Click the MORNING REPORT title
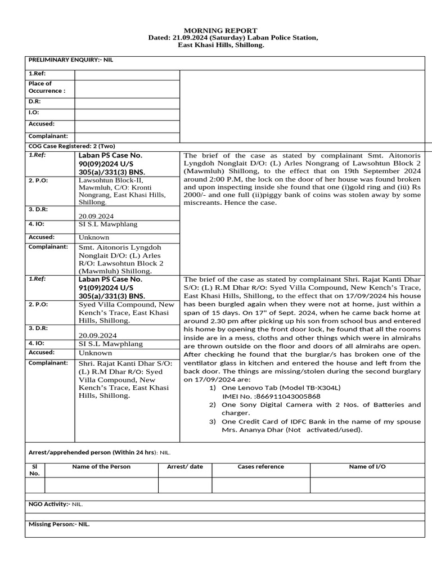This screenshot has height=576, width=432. pyautogui.click(x=221, y=30)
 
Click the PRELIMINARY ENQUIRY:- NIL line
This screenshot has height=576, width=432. pyautogui.click(x=71, y=60)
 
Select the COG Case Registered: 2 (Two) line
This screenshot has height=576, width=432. pyautogui.click(x=71, y=146)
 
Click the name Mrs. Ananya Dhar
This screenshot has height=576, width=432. pyautogui.click(x=247, y=430)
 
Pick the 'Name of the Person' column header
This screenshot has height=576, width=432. pyautogui.click(x=101, y=466)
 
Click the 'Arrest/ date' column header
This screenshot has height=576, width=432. pyautogui.click(x=185, y=466)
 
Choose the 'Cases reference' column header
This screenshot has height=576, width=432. pyautogui.click(x=260, y=466)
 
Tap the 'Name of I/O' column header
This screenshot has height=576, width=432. pyautogui.click(x=367, y=466)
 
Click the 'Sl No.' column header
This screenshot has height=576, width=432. pyautogui.click(x=35, y=470)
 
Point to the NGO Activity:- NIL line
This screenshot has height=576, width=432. pyautogui.click(x=56, y=504)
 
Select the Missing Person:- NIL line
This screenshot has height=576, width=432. pyautogui.click(x=59, y=524)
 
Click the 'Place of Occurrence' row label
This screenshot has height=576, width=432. pyautogui.click(x=47, y=87)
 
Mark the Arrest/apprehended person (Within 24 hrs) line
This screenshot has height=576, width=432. pyautogui.click(x=99, y=452)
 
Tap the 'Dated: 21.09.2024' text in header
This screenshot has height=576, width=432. pyautogui.click(x=174, y=38)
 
